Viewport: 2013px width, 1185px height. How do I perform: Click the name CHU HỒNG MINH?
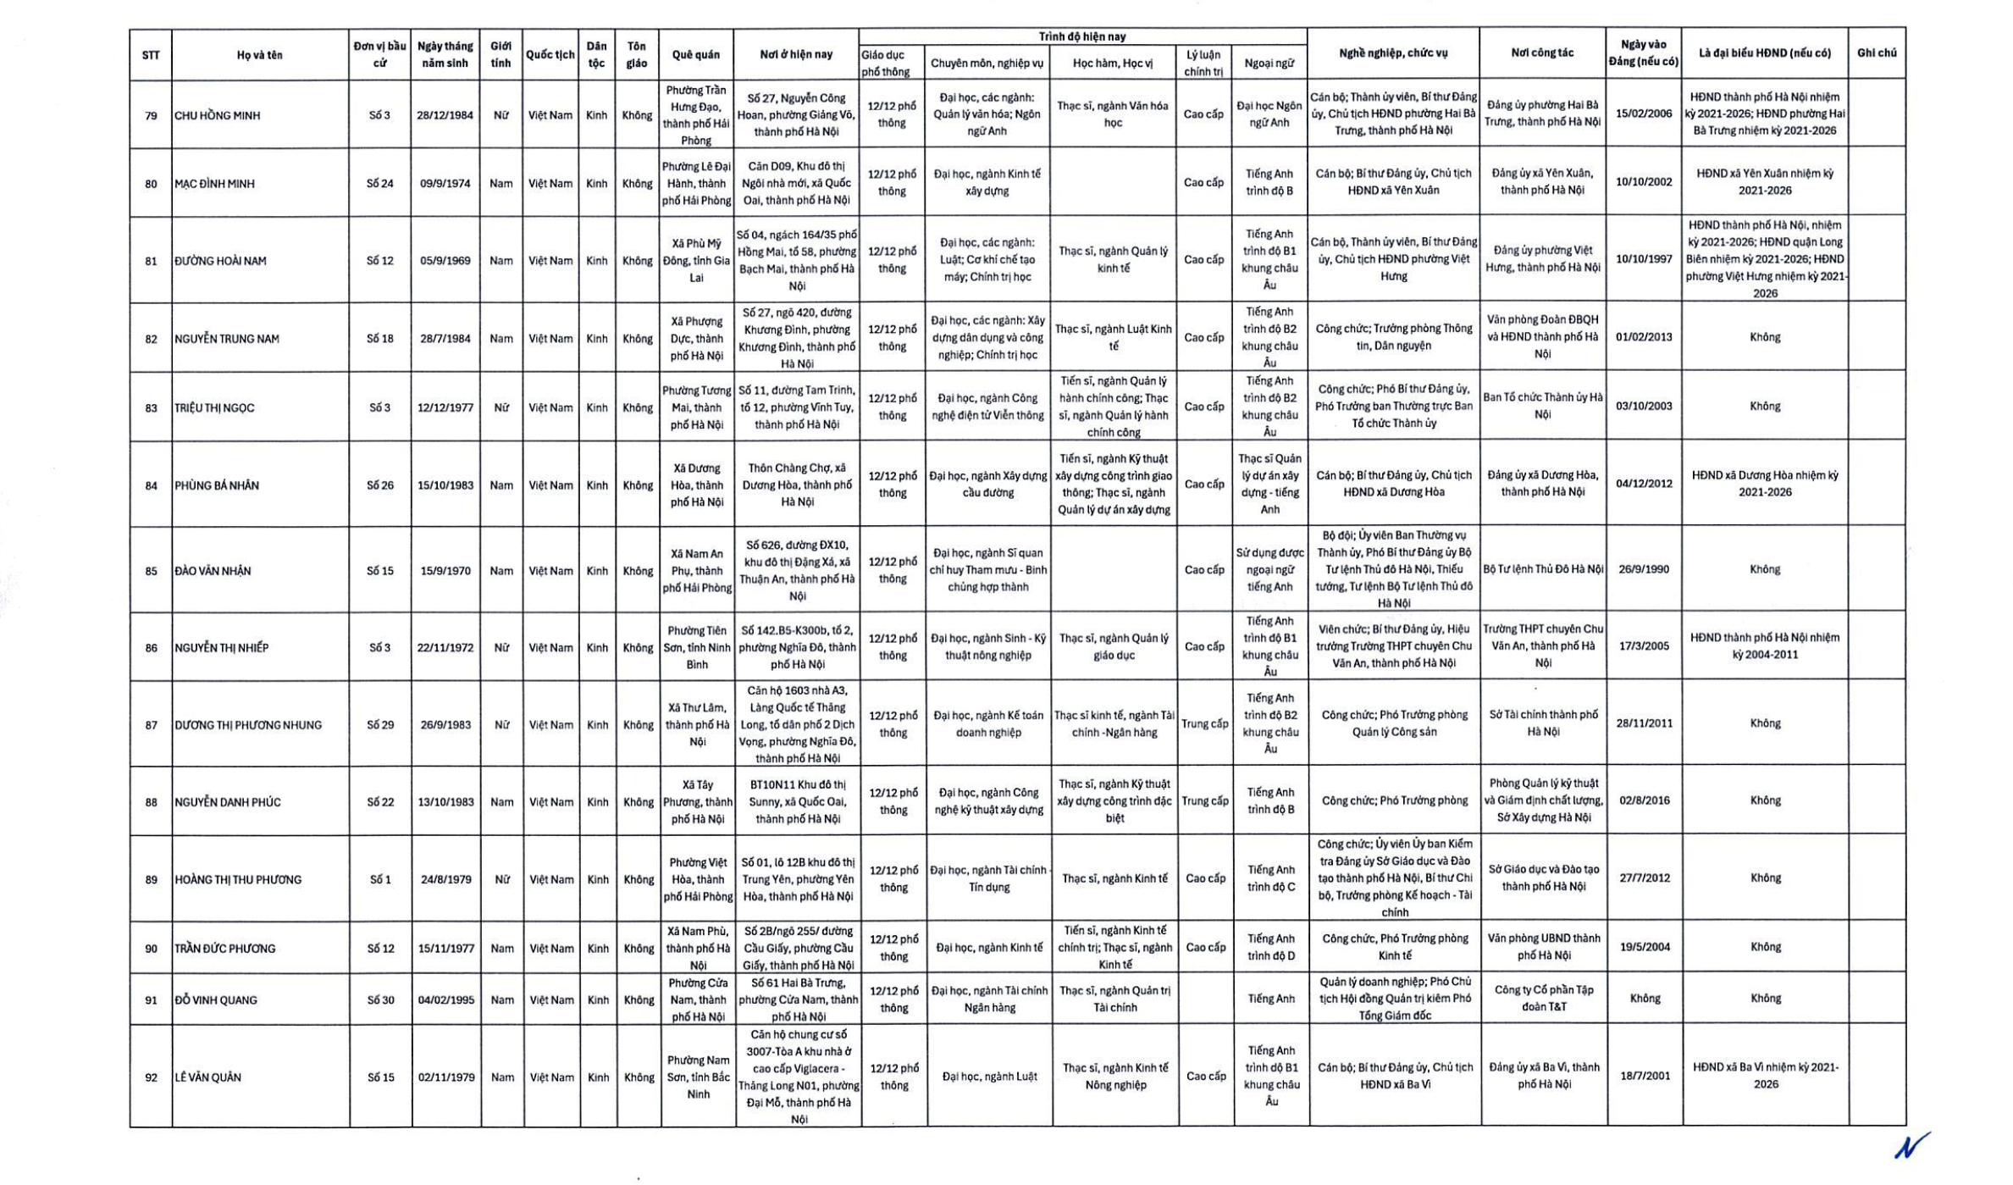click(x=217, y=115)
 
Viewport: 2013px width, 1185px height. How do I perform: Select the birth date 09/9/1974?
click(x=445, y=184)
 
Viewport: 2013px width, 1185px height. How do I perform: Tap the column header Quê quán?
click(x=695, y=55)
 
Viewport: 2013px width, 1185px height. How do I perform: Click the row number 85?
click(x=151, y=571)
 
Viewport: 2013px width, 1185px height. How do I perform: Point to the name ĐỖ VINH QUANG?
click(x=216, y=1000)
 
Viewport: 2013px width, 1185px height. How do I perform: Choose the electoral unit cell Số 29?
click(x=380, y=725)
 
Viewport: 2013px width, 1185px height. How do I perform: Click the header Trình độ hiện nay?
click(x=1081, y=36)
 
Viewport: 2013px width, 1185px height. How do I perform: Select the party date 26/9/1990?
click(x=1643, y=569)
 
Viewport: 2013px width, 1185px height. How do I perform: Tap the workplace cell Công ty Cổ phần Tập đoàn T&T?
click(x=1543, y=998)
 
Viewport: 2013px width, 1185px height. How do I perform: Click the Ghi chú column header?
click(x=1876, y=53)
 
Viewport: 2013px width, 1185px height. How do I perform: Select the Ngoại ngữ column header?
click(x=1269, y=63)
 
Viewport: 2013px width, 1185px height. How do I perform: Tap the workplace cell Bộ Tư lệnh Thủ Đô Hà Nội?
click(x=1542, y=569)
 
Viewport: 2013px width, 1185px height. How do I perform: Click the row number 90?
click(x=151, y=949)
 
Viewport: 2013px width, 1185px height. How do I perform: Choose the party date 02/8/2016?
click(x=1644, y=800)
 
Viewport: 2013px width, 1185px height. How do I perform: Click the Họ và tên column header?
click(x=259, y=55)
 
